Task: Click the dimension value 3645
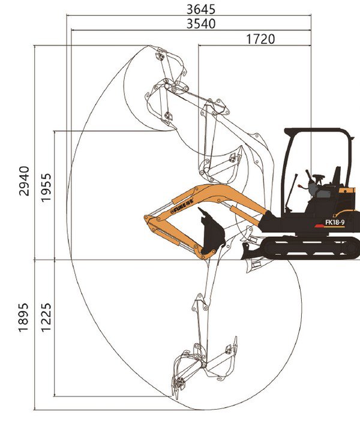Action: coord(201,10)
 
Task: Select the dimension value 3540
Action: coord(201,24)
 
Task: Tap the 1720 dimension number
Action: coord(260,39)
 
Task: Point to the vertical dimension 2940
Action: coord(24,181)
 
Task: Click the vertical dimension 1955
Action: coord(46,188)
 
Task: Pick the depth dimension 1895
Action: coord(23,318)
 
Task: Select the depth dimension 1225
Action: coord(46,318)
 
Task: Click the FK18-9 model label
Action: coord(335,222)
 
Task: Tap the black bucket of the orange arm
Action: coord(212,231)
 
